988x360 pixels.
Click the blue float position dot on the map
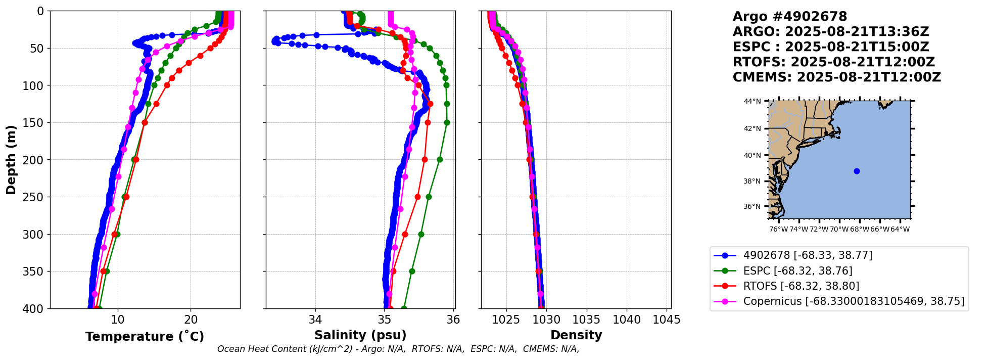click(x=857, y=171)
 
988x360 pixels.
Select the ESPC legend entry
click(x=797, y=271)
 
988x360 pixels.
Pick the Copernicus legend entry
click(x=854, y=301)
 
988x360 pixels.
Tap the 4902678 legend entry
click(x=808, y=255)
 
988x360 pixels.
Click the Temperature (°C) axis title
click(x=145, y=336)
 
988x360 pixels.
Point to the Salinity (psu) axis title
click(x=360, y=335)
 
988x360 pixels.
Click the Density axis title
click(x=576, y=335)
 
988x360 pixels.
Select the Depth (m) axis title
click(x=11, y=159)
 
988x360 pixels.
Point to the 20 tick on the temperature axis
click(x=191, y=320)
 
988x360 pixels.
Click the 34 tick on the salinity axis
click(x=315, y=320)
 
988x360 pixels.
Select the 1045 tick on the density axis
click(x=667, y=320)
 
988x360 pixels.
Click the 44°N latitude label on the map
click(x=752, y=101)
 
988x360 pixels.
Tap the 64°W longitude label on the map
click(x=900, y=229)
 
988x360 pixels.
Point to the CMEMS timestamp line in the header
click(x=837, y=77)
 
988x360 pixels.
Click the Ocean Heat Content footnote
click(x=398, y=349)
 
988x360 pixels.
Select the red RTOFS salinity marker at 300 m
click(x=405, y=234)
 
